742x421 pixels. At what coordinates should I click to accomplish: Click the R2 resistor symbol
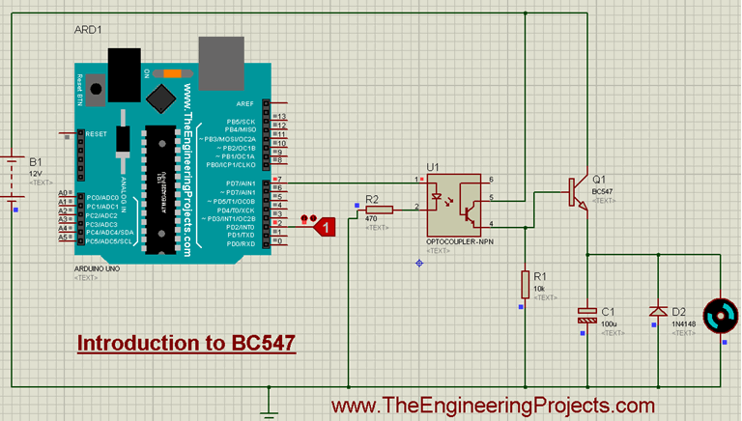(x=379, y=209)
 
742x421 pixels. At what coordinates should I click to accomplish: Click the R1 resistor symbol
(x=526, y=283)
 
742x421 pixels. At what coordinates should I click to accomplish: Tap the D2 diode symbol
(x=658, y=311)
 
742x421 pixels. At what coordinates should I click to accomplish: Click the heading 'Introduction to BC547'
(x=185, y=343)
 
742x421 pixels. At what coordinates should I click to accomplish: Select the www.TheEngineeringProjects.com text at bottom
(x=493, y=406)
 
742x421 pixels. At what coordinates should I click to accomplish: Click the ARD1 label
(x=88, y=31)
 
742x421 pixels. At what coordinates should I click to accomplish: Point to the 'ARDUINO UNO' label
(x=100, y=268)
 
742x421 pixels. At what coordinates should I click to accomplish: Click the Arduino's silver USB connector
(x=221, y=61)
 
